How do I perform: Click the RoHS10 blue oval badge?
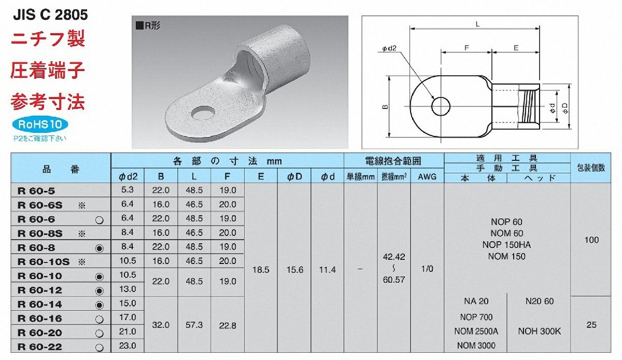(x=40, y=124)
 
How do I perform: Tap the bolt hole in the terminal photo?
(x=203, y=113)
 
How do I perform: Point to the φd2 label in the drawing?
(x=389, y=49)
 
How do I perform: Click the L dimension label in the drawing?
(x=477, y=24)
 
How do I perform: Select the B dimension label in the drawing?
(x=385, y=107)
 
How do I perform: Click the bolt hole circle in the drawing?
(x=441, y=106)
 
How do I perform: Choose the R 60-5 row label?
(x=36, y=191)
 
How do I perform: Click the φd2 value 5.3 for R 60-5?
(x=128, y=189)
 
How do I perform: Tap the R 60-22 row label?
(x=40, y=347)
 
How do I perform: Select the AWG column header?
(x=427, y=176)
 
